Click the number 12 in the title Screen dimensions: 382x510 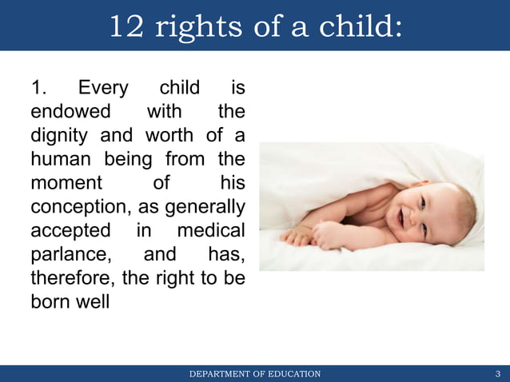127,26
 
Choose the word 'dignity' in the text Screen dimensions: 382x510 59,134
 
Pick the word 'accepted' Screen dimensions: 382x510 70,230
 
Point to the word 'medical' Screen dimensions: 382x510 211,230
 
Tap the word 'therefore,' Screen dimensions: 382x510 72,278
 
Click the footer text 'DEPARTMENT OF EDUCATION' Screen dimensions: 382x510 255,374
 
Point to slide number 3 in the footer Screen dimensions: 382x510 498,374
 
